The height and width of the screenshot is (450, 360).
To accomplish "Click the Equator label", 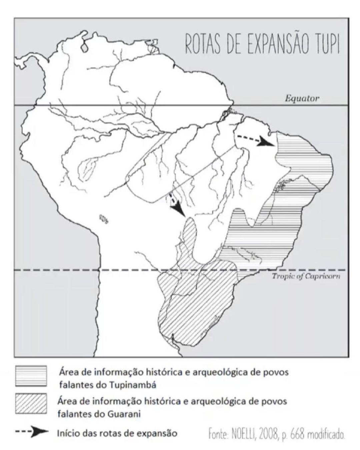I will pyautogui.click(x=302, y=98).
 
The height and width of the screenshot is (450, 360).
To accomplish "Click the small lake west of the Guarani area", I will pyautogui.click(x=104, y=218).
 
